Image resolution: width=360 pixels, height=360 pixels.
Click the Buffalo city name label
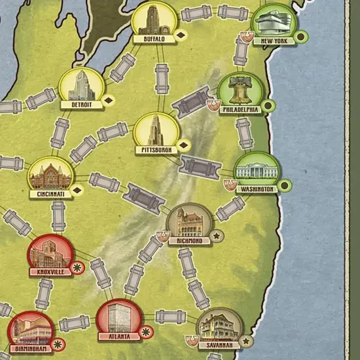click(x=154, y=39)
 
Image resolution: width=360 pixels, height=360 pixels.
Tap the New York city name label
click(x=274, y=41)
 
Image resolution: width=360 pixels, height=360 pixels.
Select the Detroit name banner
click(x=82, y=104)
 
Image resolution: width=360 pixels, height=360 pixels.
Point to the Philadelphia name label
click(x=240, y=110)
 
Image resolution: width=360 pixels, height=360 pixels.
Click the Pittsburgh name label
click(x=156, y=150)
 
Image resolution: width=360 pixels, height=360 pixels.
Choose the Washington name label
click(x=257, y=189)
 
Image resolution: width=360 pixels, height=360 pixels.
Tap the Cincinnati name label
click(x=50, y=194)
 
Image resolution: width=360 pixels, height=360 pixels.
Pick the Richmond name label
click(x=190, y=240)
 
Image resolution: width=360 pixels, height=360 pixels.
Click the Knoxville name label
click(x=51, y=271)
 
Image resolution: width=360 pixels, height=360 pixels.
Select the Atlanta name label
click(x=119, y=336)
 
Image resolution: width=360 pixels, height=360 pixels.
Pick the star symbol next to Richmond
click(x=217, y=235)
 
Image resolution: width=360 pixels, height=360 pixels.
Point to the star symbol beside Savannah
click(x=247, y=341)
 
